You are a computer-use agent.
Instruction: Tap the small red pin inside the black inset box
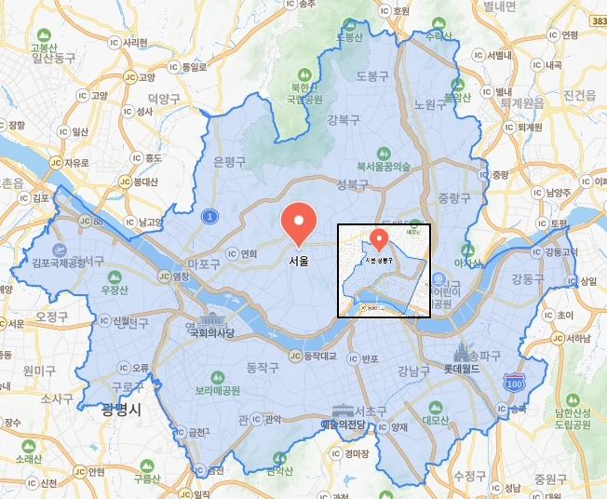(379, 236)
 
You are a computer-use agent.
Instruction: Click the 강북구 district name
(344, 118)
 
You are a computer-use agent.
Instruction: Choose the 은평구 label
(229, 161)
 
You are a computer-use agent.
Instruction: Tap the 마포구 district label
(203, 264)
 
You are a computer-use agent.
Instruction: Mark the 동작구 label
(262, 368)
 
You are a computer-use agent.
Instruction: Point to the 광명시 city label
(121, 408)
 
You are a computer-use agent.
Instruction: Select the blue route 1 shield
(211, 216)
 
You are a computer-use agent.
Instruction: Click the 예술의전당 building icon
(343, 411)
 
